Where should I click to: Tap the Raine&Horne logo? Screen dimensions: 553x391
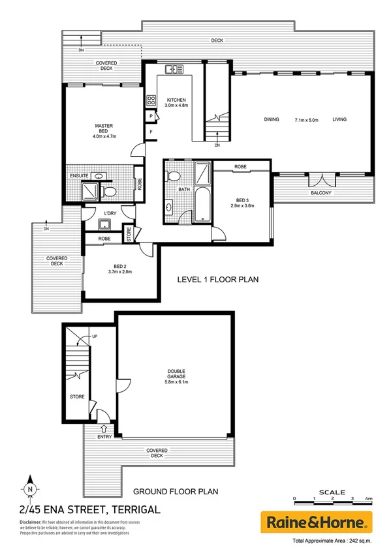(317, 522)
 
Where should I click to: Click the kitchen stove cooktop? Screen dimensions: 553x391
(151, 100)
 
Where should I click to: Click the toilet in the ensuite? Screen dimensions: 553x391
(109, 191)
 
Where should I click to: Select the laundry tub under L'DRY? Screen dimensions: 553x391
(104, 225)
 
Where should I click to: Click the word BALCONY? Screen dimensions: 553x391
(321, 193)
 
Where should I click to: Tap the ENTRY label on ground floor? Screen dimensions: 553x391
(104, 436)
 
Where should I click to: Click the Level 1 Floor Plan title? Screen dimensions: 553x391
(219, 280)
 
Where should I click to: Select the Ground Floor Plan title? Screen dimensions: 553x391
(175, 492)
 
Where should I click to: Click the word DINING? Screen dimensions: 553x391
(272, 119)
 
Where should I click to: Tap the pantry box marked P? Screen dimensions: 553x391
(151, 116)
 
